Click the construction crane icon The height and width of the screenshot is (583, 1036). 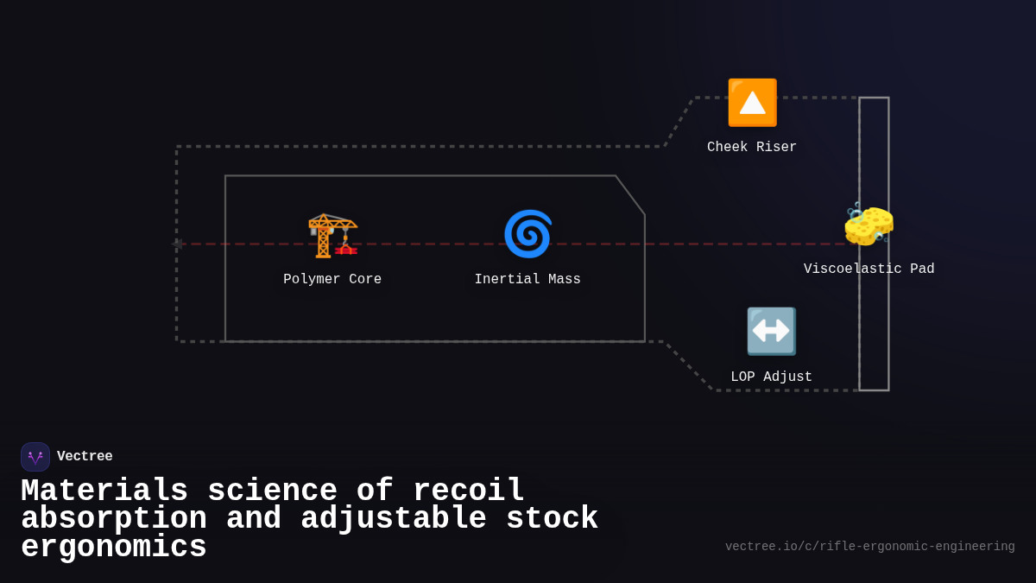pyautogui.click(x=332, y=234)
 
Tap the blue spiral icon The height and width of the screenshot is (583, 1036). pyautogui.click(x=527, y=234)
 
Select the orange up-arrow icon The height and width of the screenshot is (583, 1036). pyautogui.click(x=752, y=103)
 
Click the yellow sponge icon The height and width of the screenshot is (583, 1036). pyautogui.click(x=869, y=225)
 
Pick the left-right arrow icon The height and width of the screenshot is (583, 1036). pyautogui.click(x=771, y=332)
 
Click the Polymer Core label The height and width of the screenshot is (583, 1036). pyautogui.click(x=332, y=280)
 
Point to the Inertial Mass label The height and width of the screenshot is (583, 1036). pyautogui.click(x=527, y=280)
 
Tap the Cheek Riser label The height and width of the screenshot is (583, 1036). pyautogui.click(x=752, y=148)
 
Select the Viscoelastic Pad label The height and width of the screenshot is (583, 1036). pyautogui.click(x=869, y=269)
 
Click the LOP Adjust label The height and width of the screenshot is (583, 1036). pyautogui.click(x=771, y=377)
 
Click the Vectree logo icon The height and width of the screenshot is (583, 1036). pyautogui.click(x=35, y=457)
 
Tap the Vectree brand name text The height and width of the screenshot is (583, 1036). pyautogui.click(x=85, y=457)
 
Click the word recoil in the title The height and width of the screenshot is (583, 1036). pyautogui.click(x=469, y=491)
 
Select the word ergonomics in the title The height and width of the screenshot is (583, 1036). pyautogui.click(x=114, y=548)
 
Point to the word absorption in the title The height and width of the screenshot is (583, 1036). pyautogui.click(x=114, y=519)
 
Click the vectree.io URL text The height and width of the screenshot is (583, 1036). pyautogui.click(x=869, y=547)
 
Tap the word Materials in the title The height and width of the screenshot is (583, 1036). pyautogui.click(x=104, y=491)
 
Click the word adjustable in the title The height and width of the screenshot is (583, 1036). pyautogui.click(x=394, y=519)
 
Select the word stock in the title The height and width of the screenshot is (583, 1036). pyautogui.click(x=553, y=519)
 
